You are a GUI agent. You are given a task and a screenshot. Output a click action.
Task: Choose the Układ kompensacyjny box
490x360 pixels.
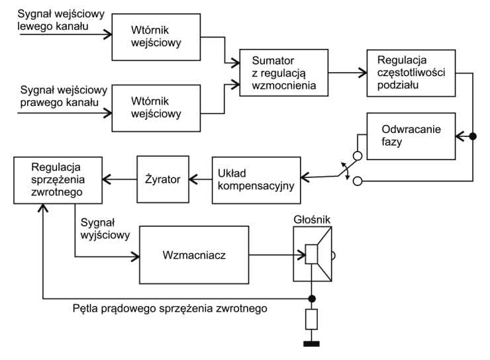coord(256,178)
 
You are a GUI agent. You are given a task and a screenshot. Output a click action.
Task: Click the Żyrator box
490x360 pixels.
coord(163,178)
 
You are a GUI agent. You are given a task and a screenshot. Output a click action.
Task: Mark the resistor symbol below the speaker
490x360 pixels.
coord(311,321)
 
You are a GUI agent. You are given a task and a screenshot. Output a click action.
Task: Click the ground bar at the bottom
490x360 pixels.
coord(311,343)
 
